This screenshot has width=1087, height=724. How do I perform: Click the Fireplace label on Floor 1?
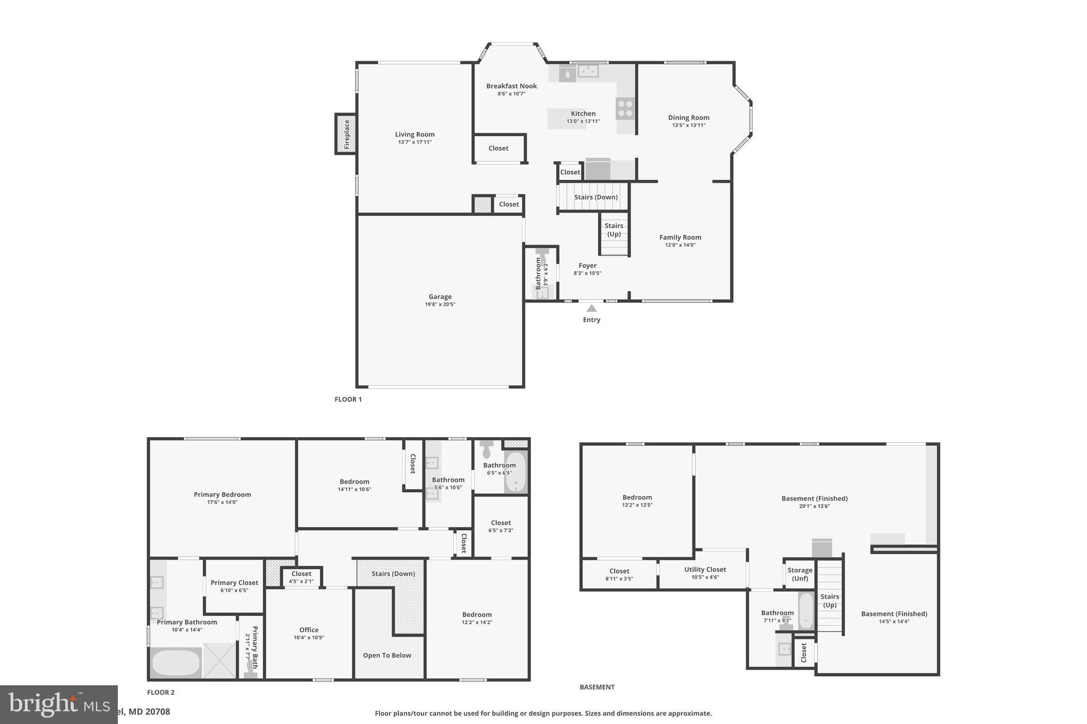(x=347, y=134)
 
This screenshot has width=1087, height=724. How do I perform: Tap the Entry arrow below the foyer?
(x=591, y=308)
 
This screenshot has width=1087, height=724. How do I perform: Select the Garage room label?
(x=440, y=296)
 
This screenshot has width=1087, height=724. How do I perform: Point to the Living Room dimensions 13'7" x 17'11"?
(x=415, y=142)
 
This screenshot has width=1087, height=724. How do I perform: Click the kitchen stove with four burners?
(x=625, y=108)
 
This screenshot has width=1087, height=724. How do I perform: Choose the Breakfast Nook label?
(x=511, y=86)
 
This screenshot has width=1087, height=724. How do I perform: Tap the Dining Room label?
(x=688, y=118)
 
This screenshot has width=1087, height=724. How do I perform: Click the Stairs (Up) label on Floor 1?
(x=614, y=230)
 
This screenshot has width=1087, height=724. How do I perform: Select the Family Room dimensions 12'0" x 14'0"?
(x=680, y=245)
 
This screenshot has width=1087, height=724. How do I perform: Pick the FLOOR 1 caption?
(x=348, y=399)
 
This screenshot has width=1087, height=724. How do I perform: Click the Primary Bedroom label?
(x=222, y=494)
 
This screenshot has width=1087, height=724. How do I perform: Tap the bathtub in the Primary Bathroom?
(x=176, y=662)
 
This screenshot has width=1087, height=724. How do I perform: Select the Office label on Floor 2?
(x=308, y=630)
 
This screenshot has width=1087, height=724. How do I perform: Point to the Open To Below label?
(x=387, y=655)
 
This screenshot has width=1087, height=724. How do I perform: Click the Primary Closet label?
(x=234, y=582)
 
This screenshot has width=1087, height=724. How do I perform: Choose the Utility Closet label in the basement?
(x=705, y=569)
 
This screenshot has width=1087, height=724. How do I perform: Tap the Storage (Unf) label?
(x=799, y=574)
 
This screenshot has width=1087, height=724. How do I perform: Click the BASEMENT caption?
(x=597, y=687)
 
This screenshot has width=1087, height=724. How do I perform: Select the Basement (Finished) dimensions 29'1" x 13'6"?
(x=814, y=506)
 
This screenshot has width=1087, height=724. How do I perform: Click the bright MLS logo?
(x=58, y=704)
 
